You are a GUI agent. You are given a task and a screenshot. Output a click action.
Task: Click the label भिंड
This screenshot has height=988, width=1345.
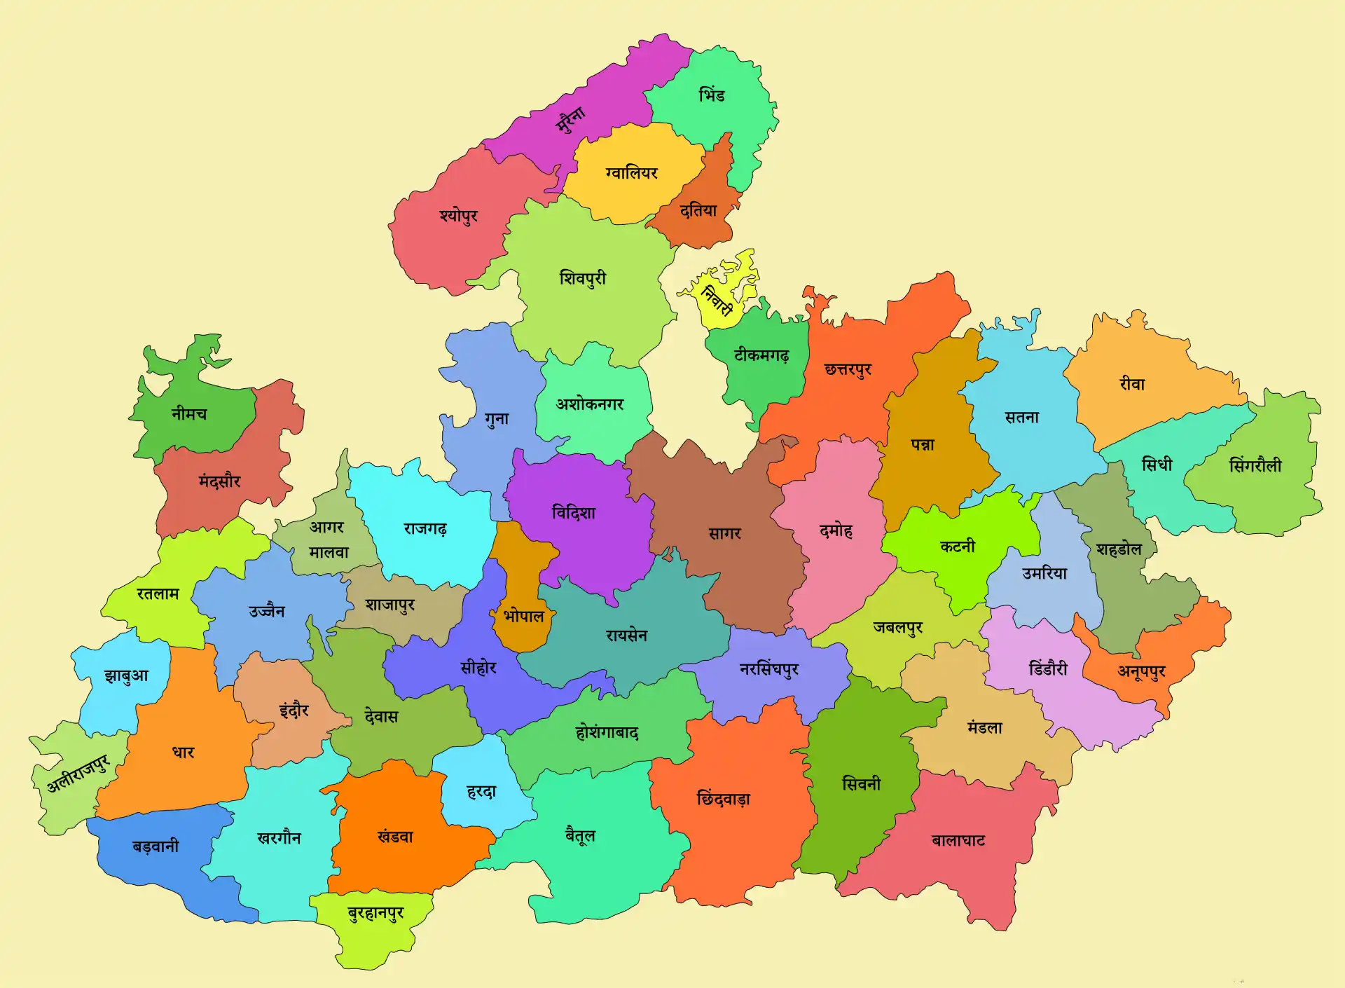pos(712,95)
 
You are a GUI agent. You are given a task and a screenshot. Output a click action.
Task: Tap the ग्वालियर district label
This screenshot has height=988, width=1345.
pos(631,172)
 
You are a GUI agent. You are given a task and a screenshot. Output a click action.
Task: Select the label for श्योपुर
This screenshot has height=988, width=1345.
pos(459,215)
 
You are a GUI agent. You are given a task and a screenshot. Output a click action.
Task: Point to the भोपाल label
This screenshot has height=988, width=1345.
pos(523,617)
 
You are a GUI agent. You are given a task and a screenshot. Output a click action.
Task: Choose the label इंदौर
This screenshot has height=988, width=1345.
pos(294,710)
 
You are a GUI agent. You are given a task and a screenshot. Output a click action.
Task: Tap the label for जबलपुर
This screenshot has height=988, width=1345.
pos(897,627)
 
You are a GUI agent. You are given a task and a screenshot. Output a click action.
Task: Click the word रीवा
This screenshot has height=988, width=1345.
pos(1132,384)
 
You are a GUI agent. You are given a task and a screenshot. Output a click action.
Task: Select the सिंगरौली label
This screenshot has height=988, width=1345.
pos(1255,465)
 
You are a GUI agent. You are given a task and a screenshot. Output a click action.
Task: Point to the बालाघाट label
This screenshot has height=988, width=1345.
pos(958,840)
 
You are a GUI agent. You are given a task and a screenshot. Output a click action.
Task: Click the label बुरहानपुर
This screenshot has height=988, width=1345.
pos(375,914)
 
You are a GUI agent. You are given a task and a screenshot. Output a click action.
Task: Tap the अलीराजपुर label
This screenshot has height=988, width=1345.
pos(78,774)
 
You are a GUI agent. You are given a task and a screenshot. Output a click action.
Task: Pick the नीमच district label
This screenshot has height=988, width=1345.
pos(189,413)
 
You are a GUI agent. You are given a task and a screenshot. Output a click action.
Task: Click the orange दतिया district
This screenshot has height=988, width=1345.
pos(698,210)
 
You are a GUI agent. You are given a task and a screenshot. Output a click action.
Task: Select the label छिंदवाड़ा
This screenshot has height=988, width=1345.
pos(723,799)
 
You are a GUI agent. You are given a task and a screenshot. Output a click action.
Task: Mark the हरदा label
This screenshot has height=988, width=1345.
pos(481,792)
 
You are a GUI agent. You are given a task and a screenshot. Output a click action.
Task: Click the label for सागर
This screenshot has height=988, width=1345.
pos(724,533)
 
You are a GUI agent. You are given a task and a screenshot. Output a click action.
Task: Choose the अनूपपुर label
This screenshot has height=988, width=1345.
pos(1141,672)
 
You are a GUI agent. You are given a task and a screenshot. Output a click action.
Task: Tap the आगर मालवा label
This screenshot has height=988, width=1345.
pos(328,540)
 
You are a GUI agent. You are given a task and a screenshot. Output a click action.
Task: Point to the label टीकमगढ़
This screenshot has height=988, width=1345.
pos(761,356)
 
